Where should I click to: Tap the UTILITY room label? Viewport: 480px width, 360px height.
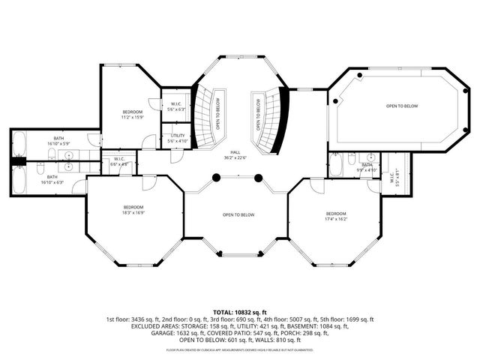[x=176, y=136]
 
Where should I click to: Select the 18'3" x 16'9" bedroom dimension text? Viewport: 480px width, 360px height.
[x=134, y=212]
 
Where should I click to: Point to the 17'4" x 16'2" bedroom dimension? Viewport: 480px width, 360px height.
[x=336, y=218]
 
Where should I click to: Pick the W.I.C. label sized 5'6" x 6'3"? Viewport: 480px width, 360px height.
[x=176, y=106]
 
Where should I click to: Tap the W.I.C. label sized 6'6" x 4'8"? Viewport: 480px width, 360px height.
[x=119, y=160]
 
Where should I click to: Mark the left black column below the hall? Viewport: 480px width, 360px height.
[x=215, y=178]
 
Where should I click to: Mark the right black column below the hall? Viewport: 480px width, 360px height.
[x=259, y=178]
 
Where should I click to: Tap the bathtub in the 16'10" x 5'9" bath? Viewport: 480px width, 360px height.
[x=20, y=144]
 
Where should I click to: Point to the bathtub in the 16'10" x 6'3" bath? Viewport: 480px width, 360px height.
[x=20, y=178]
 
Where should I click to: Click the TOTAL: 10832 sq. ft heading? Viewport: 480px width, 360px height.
[x=240, y=311]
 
